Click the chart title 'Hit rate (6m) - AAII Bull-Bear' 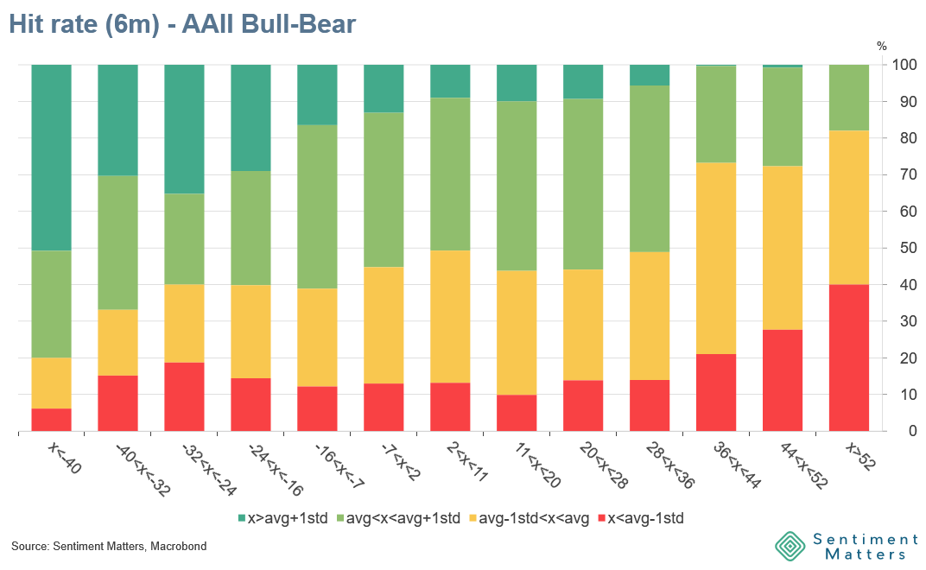point(182,25)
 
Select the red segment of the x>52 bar point(848,358)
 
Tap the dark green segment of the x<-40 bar point(51,157)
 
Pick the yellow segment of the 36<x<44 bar point(715,258)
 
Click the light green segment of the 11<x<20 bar point(517,186)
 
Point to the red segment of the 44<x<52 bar point(782,380)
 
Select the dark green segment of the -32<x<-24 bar point(184,129)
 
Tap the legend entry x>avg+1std point(281,518)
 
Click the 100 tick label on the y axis point(904,65)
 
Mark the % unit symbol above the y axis point(881,46)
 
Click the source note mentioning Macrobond point(109,547)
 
